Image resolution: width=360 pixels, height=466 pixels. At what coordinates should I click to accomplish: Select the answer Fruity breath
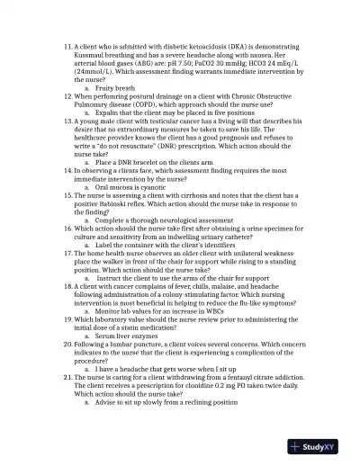(x=114, y=86)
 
